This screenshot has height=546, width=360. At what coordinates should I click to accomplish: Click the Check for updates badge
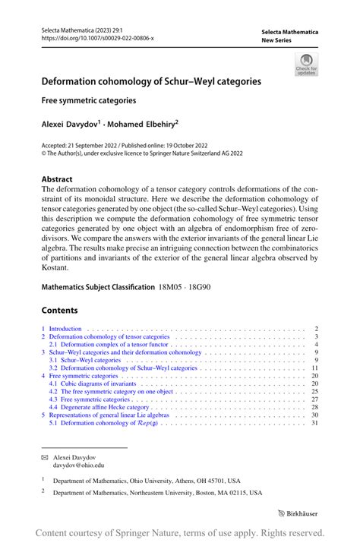(x=305, y=64)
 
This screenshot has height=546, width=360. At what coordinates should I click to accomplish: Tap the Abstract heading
(x=57, y=180)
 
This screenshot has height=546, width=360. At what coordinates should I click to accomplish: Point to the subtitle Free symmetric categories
(x=88, y=99)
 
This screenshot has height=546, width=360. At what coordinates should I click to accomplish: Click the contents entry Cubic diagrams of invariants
(x=92, y=383)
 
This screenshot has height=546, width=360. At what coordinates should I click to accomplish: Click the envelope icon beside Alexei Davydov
(x=45, y=457)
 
